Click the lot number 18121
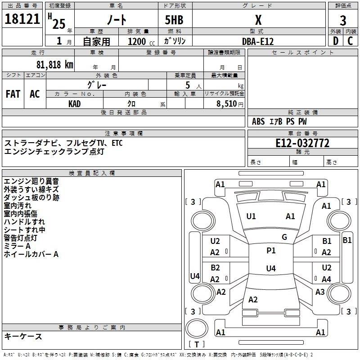(22, 20)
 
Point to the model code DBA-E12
(258, 41)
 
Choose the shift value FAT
(13, 94)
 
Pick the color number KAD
(75, 104)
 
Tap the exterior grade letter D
(335, 41)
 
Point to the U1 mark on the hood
(251, 216)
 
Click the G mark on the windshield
(284, 237)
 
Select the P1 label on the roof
(271, 251)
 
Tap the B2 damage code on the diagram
(216, 268)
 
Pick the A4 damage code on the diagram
(326, 279)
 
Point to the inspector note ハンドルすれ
(24, 221)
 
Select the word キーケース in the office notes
(23, 336)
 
